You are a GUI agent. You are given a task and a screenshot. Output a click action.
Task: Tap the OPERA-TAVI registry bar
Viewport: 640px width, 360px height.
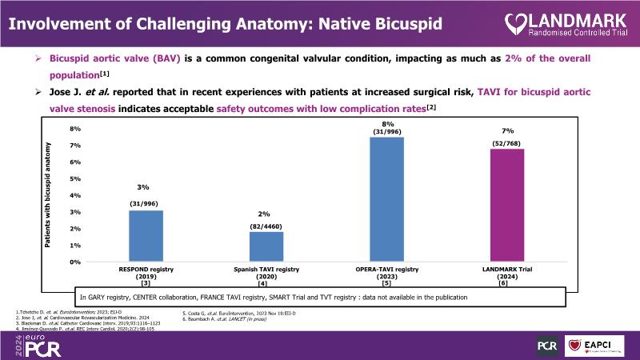386,199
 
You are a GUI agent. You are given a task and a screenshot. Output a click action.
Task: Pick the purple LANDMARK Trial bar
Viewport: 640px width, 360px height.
506,205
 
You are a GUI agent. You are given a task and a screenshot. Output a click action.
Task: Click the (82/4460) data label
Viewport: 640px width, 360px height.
264,226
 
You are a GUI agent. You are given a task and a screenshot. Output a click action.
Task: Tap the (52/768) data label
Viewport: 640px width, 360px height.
506,143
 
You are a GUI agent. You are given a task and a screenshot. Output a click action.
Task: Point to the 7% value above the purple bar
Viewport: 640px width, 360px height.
507,130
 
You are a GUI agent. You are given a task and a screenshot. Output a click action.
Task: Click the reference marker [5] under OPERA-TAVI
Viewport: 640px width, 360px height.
386,283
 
